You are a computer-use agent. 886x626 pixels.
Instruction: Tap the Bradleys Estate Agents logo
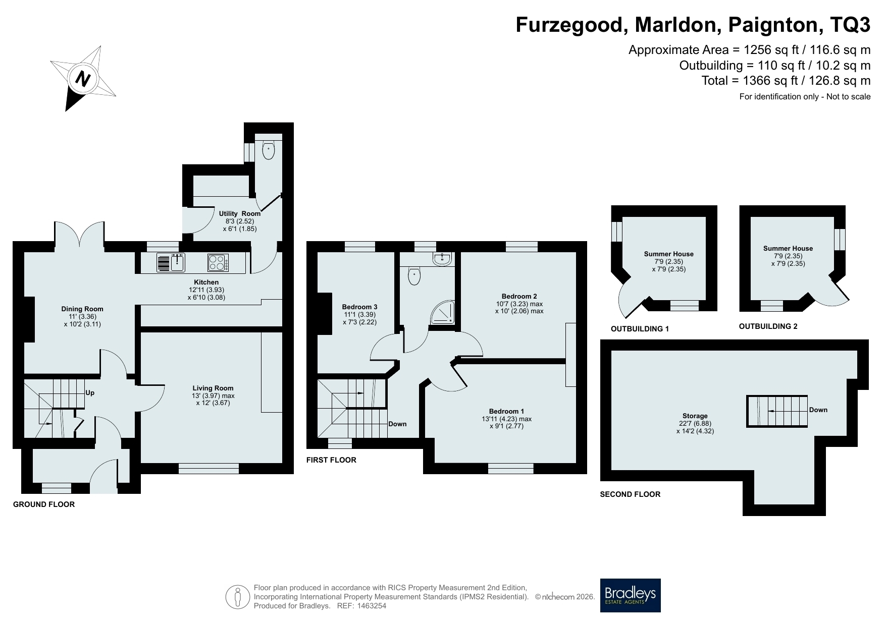pos(630,595)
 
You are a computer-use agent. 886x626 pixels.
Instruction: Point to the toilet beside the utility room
pos(269,150)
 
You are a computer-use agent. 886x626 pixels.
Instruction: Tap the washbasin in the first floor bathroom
pos(443,259)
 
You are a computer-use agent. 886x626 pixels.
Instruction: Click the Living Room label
pos(213,388)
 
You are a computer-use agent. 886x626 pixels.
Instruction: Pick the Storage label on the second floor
pos(695,416)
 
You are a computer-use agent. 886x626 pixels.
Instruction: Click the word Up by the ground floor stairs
pos(90,392)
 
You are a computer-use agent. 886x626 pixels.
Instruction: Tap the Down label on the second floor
pos(818,410)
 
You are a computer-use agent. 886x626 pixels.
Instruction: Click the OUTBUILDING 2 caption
pos(768,326)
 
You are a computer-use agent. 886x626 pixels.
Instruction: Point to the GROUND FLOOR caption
pos(44,504)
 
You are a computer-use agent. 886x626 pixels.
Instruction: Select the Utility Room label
pos(240,213)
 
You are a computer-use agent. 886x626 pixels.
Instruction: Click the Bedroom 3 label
pos(360,307)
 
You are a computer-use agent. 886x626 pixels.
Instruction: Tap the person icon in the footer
pos(238,597)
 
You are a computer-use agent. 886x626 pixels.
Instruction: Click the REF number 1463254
pos(371,606)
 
